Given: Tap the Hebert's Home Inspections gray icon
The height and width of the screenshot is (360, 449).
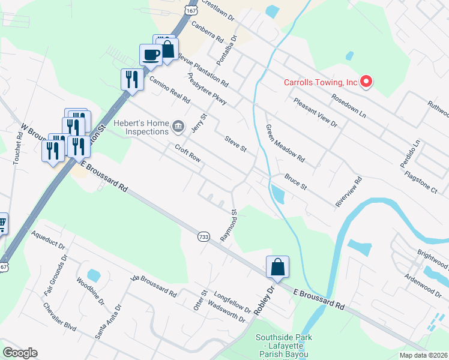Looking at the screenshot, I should click(x=178, y=125).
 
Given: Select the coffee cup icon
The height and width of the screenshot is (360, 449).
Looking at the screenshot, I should click(x=151, y=55).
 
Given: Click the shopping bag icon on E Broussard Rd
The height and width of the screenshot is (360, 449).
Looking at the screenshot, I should click(x=277, y=267).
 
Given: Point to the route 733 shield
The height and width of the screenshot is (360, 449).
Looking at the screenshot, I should click(x=203, y=236).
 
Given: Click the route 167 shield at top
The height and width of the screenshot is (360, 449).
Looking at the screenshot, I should click(x=190, y=12).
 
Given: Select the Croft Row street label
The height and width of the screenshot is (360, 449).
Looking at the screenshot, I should click(x=187, y=153).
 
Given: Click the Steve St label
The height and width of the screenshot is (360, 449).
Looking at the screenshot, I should click(x=235, y=143).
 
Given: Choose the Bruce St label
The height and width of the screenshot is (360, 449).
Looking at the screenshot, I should click(x=296, y=182).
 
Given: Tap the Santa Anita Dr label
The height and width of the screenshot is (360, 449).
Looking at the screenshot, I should click(x=108, y=321).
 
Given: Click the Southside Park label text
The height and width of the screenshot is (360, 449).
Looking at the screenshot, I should click(x=283, y=338).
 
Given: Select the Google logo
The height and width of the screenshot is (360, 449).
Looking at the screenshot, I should click(x=20, y=353).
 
